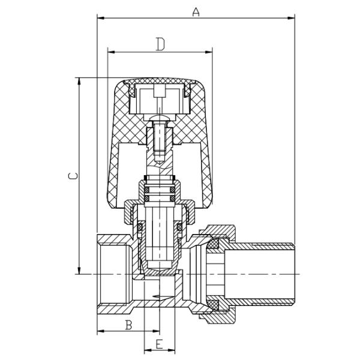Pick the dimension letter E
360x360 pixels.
pos(159,344)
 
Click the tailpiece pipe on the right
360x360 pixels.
pos(264,273)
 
